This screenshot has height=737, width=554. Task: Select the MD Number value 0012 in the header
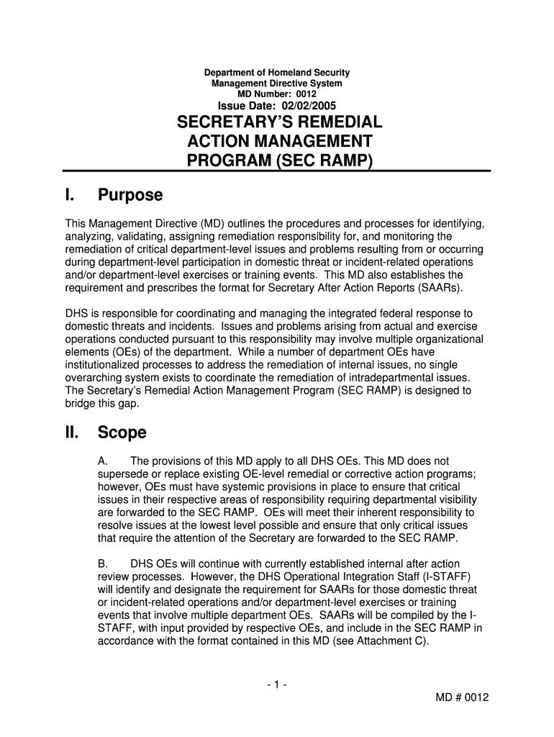[x=306, y=94]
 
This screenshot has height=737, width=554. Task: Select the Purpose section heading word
[x=130, y=195]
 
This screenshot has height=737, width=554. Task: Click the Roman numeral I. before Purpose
[x=70, y=195]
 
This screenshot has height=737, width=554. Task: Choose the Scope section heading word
[x=122, y=433]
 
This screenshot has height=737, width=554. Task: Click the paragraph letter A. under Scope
[x=103, y=461]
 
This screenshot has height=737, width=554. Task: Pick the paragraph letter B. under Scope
[x=103, y=564]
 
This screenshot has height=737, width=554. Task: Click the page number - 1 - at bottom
[x=276, y=686]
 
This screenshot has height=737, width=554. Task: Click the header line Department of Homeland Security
[x=277, y=73]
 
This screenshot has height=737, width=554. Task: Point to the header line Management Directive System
[x=277, y=83]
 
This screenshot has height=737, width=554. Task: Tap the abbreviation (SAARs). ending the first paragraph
[x=440, y=288]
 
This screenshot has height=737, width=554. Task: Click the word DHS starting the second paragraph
[x=77, y=314]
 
